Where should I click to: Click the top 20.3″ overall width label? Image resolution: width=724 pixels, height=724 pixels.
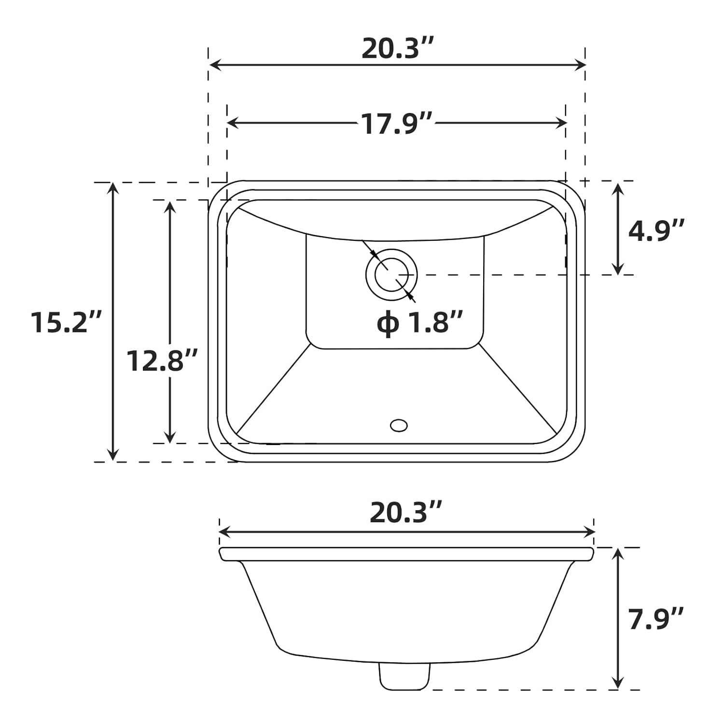click(398, 49)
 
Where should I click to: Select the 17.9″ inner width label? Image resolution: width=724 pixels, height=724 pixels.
click(397, 124)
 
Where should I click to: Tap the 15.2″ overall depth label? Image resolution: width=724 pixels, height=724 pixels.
click(67, 322)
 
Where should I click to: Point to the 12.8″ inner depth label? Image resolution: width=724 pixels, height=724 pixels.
click(162, 361)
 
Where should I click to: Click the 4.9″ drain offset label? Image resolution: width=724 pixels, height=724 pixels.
click(656, 230)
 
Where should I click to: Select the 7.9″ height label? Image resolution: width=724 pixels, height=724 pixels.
click(656, 619)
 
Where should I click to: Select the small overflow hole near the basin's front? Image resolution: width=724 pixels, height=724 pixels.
click(399, 425)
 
